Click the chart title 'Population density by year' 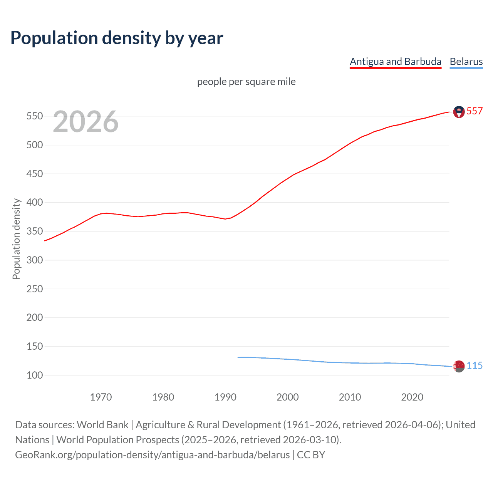117,38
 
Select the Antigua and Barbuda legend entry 395,62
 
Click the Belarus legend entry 466,62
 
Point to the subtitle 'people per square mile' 246,82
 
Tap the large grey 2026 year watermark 86,122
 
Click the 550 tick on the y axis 34,116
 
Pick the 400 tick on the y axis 34,203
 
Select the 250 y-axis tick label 34,289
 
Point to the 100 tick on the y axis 34,375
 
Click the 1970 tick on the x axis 101,397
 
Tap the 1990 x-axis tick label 225,397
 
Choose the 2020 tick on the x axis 412,397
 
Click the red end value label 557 475,111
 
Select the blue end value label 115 475,366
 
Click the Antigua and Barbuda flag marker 459,112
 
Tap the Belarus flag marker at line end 459,366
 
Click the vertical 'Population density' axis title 16,239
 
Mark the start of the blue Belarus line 238,357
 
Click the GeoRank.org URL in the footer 152,455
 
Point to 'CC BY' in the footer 311,455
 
